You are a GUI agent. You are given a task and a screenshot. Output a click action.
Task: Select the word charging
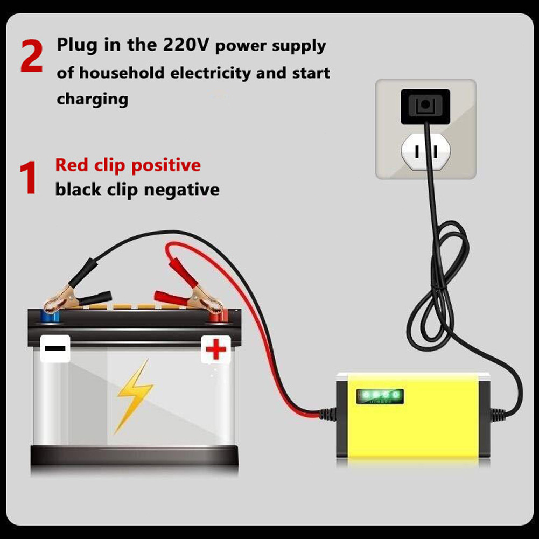[93, 99]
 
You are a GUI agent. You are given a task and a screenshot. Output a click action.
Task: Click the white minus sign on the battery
[55, 348]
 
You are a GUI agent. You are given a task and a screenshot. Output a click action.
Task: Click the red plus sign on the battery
[216, 350]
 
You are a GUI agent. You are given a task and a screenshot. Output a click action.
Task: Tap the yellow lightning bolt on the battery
[134, 396]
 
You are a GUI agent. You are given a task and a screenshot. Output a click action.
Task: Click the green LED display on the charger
[380, 396]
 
